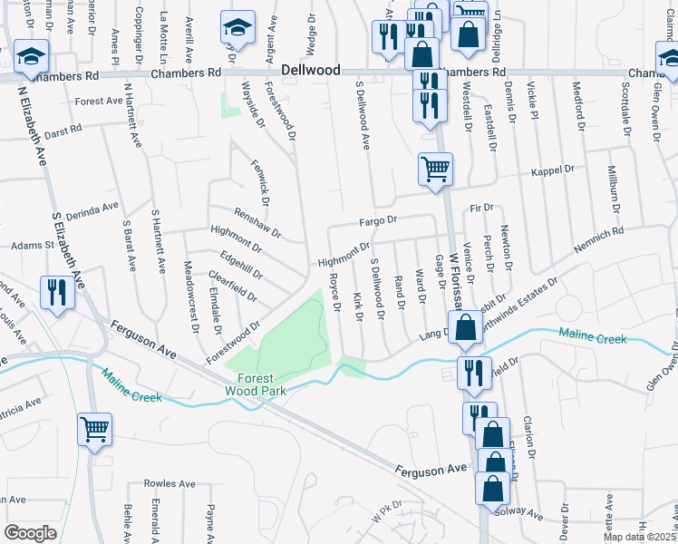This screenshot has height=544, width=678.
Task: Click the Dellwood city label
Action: (310, 70)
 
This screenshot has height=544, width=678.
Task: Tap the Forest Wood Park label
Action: (262, 384)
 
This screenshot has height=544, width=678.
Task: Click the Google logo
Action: (30, 533)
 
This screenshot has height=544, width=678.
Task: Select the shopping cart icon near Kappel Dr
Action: (435, 169)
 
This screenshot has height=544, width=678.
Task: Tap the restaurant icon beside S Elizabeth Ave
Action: (56, 293)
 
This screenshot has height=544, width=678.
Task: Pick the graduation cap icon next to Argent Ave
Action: (237, 30)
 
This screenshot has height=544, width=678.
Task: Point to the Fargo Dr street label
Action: (379, 220)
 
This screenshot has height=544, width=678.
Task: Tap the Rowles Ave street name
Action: (175, 484)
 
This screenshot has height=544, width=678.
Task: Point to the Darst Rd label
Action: (63, 131)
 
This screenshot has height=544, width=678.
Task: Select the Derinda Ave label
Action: (93, 210)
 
